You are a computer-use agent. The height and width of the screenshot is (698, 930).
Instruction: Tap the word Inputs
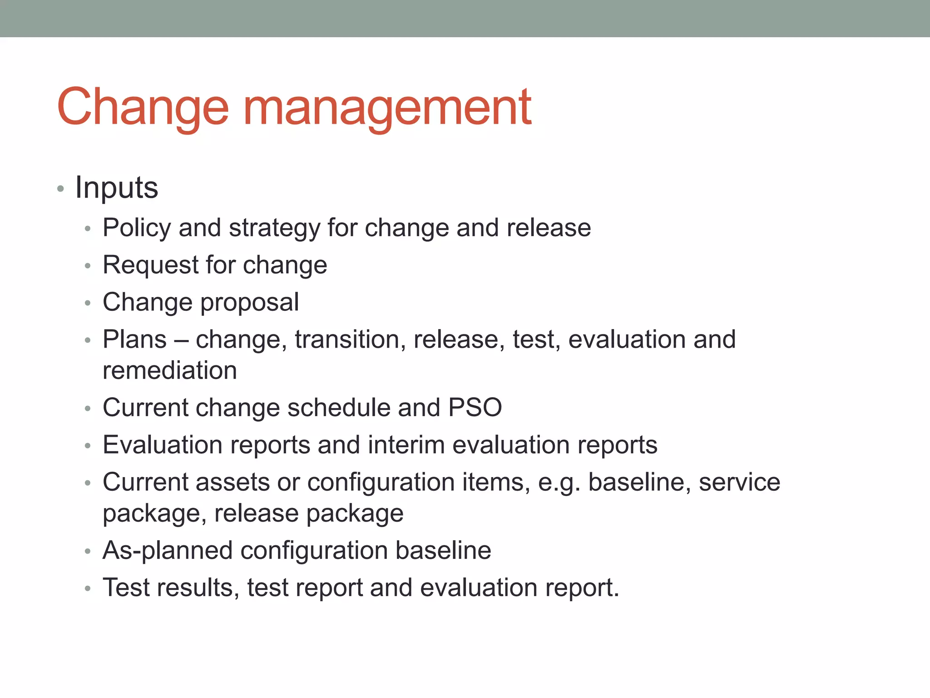(x=116, y=187)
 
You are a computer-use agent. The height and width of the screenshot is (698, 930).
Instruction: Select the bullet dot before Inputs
(x=60, y=189)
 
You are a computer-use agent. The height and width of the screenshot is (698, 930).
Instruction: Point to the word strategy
(x=274, y=229)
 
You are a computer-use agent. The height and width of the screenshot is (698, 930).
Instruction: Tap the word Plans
(x=134, y=339)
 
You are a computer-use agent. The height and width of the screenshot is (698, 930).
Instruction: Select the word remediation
(x=170, y=370)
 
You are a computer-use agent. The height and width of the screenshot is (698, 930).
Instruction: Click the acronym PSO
(x=475, y=407)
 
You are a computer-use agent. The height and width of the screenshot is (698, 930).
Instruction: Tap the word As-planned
(x=168, y=551)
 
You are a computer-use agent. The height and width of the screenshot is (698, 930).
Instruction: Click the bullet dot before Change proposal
(x=88, y=303)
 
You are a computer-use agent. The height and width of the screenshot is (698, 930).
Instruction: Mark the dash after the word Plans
(x=181, y=340)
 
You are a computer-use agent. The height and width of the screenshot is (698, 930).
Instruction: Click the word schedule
(x=339, y=407)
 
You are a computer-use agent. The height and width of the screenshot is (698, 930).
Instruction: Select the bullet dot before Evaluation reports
(x=88, y=446)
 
